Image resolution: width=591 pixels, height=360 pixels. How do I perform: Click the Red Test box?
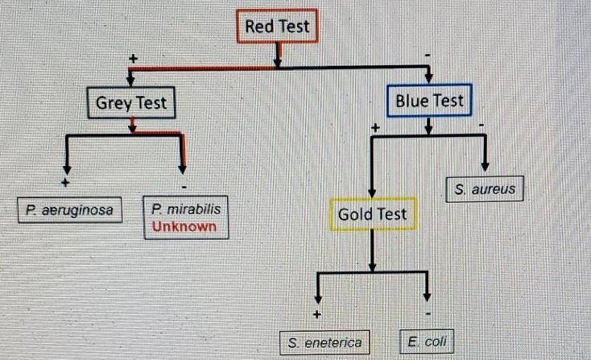pyautogui.click(x=278, y=27)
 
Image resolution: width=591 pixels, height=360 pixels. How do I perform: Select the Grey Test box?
pyautogui.click(x=131, y=103)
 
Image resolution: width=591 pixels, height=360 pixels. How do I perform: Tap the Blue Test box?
pyautogui.click(x=429, y=101)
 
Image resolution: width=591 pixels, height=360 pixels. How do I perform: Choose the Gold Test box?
pyautogui.click(x=372, y=214)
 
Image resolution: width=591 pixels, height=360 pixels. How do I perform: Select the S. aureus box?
pyautogui.click(x=485, y=190)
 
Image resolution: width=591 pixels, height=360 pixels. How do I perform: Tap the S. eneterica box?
pyautogui.click(x=321, y=342)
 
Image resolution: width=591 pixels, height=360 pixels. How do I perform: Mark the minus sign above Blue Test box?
pyautogui.click(x=428, y=56)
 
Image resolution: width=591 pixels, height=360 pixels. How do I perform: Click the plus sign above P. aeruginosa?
pyautogui.click(x=65, y=182)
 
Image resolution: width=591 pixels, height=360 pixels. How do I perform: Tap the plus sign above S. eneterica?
pyautogui.click(x=318, y=313)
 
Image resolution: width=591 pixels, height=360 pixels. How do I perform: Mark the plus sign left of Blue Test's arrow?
pyautogui.click(x=374, y=127)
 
